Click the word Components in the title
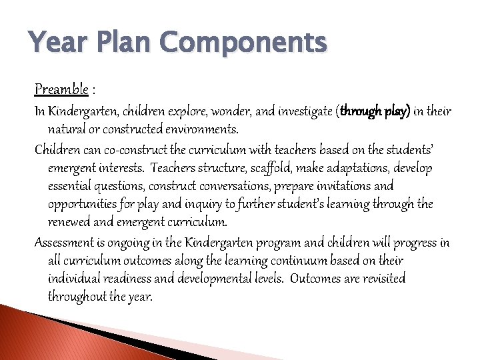coord(243,44)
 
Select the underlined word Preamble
coord(61,89)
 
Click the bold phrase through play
coord(375,111)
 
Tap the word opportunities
coord(81,204)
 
